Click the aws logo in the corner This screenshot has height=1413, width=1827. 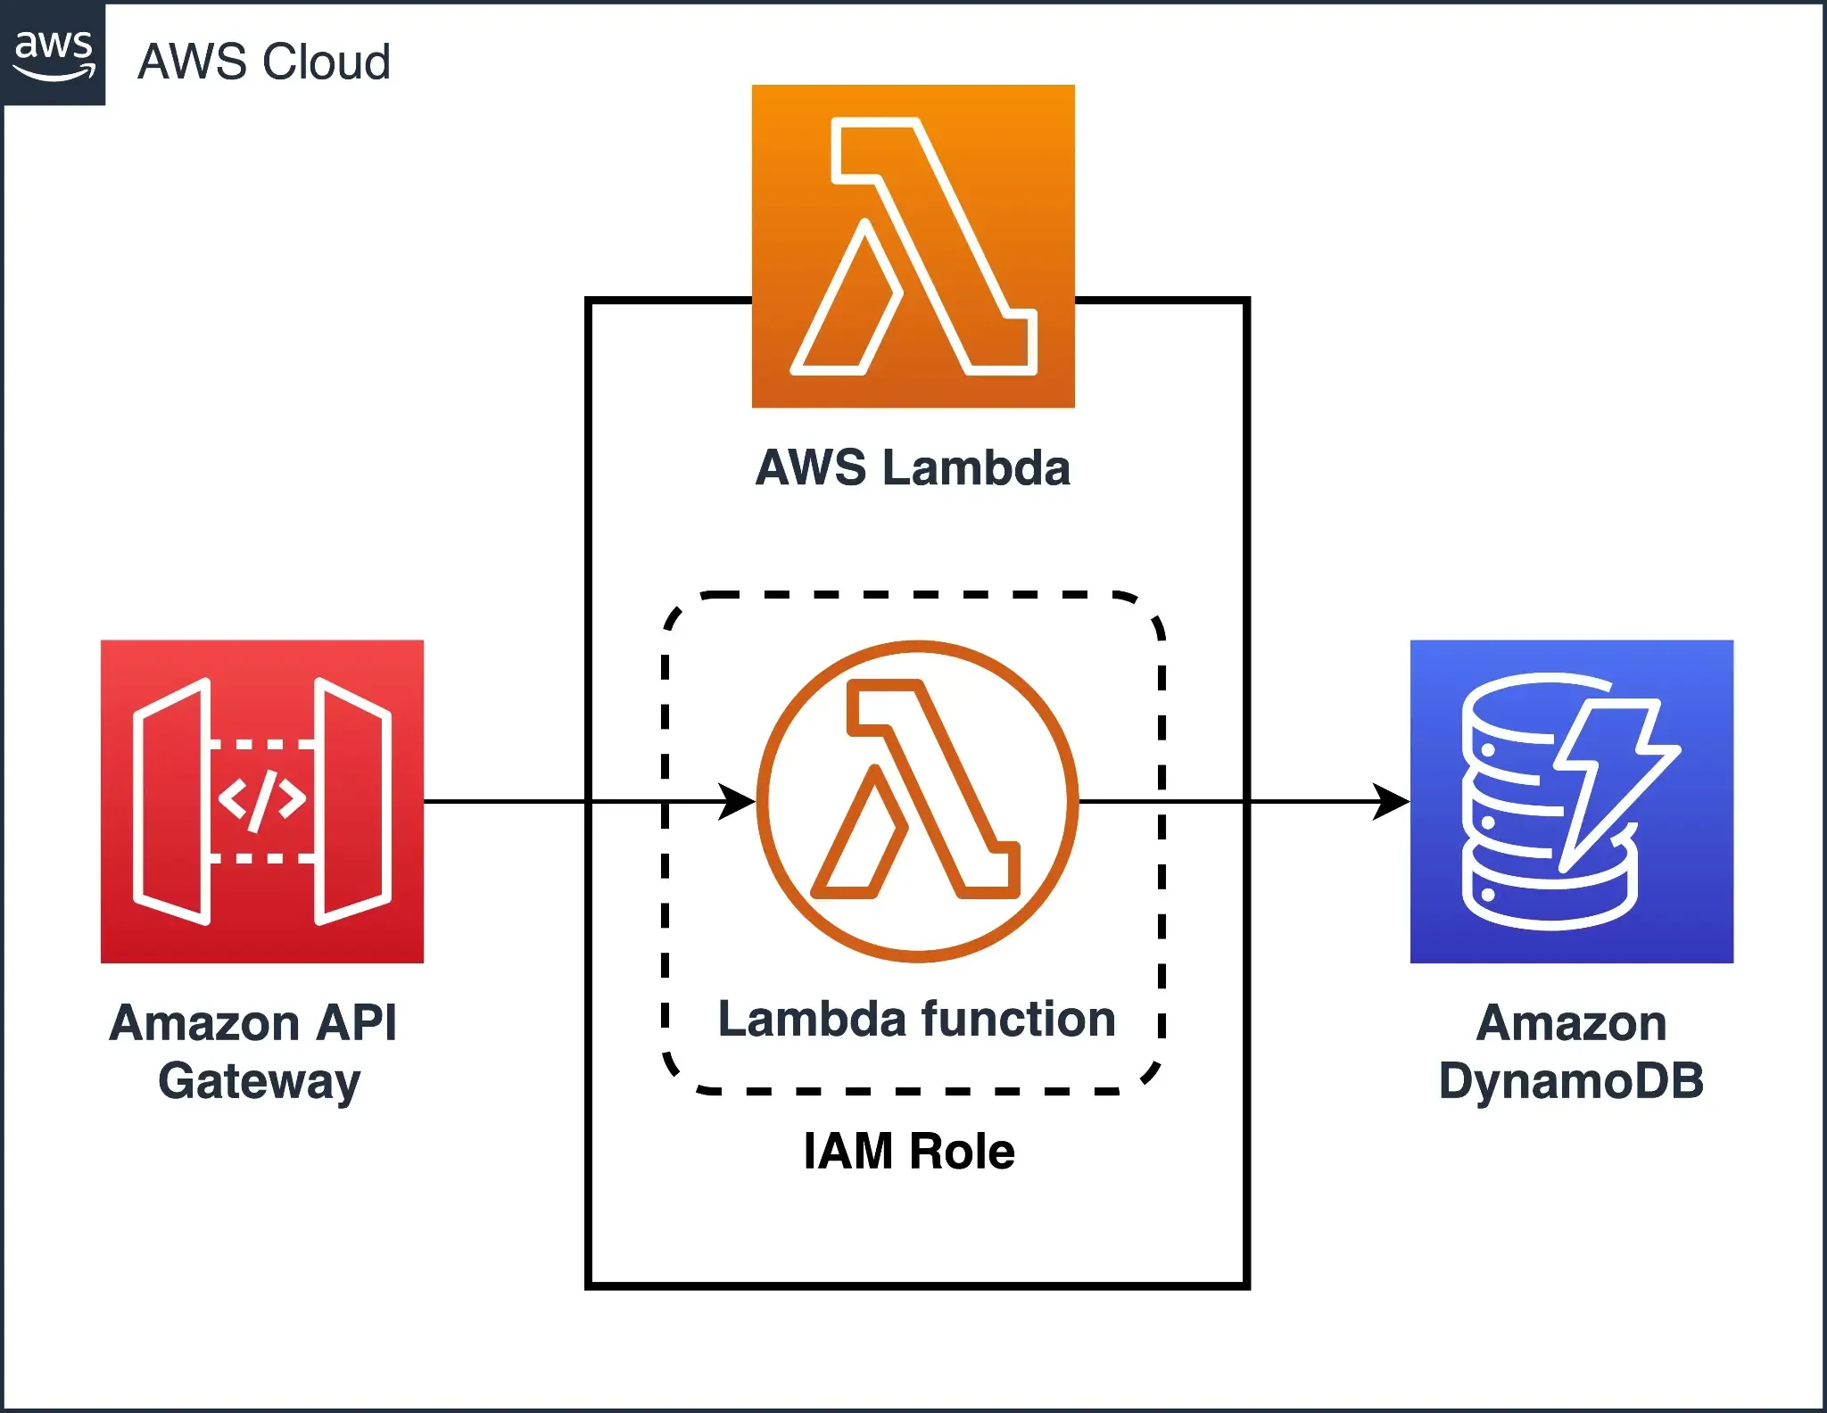click(54, 54)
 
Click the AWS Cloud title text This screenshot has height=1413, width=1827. click(264, 62)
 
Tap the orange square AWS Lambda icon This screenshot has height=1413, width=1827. click(913, 246)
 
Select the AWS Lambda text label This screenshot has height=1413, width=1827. click(913, 468)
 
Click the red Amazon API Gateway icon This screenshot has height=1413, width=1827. click(261, 801)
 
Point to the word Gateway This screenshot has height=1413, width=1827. click(260, 1082)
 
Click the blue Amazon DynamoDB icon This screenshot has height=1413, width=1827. click(1571, 801)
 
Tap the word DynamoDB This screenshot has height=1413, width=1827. click(1571, 1081)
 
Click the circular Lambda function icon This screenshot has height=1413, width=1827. click(917, 801)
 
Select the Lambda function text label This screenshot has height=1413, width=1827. click(917, 1019)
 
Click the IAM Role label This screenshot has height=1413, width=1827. click(909, 1151)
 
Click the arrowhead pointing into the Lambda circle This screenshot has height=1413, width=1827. click(739, 801)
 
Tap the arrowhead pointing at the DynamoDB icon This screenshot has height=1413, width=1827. click(1392, 801)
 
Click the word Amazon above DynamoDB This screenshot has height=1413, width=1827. click(1571, 1023)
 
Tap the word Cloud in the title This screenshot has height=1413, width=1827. click(327, 62)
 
